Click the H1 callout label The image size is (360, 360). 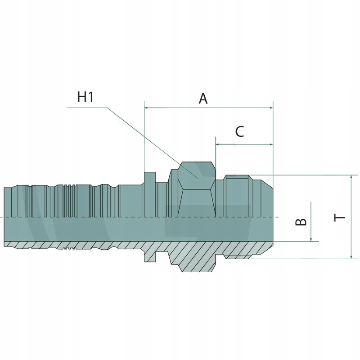click(x=85, y=97)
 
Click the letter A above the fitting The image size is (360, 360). click(x=203, y=99)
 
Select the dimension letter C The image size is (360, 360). click(x=239, y=132)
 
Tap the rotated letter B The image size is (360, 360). click(x=301, y=221)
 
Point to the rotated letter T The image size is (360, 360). click(x=340, y=217)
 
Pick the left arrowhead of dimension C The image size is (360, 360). click(x=218, y=144)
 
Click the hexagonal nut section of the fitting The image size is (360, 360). click(x=196, y=189)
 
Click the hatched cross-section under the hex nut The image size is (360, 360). click(x=196, y=256)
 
